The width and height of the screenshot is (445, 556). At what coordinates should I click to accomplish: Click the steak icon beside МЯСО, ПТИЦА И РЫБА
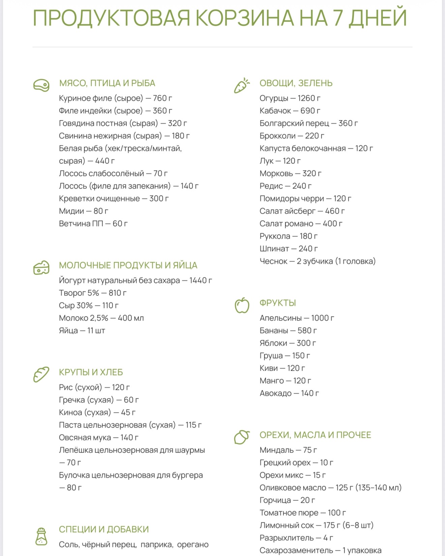pos(41,85)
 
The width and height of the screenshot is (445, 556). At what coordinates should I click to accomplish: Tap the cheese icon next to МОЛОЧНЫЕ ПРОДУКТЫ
pos(41,268)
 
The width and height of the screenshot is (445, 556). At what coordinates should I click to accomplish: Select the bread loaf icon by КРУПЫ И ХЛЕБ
pos(41,374)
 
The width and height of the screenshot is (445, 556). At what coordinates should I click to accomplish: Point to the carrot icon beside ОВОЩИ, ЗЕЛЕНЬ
pos(242,86)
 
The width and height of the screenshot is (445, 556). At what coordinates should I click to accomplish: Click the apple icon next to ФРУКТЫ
pos(242,305)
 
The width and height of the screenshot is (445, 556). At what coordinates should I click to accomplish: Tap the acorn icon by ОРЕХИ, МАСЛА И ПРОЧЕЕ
pos(241,437)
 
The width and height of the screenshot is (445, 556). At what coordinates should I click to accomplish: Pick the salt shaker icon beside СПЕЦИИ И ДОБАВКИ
pos(41,536)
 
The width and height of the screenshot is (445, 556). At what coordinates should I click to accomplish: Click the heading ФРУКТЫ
pos(277,303)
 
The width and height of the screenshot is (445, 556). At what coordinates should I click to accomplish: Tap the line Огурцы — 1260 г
pos(290,98)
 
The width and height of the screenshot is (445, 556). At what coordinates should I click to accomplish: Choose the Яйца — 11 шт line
pos(82,331)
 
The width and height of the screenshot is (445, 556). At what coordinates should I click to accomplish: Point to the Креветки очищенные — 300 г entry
pos(114,198)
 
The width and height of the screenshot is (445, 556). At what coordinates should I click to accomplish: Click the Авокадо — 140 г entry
pos(289,393)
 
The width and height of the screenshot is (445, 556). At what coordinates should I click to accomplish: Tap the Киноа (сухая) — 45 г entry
pos(97,412)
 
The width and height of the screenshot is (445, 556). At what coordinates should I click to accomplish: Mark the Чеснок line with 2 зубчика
pos(317,261)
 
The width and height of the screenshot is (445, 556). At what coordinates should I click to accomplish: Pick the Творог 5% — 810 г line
pos(93,293)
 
